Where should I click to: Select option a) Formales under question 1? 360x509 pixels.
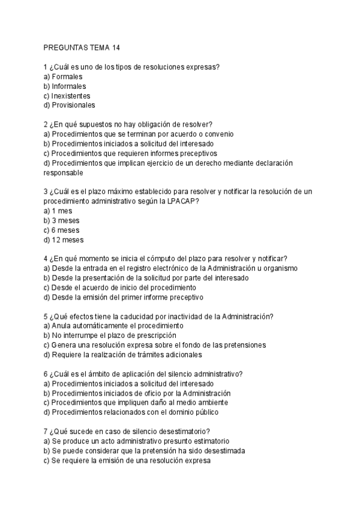tap(63, 77)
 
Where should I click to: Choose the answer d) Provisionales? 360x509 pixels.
tap(69, 105)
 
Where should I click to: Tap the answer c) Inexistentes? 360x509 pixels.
tap(67, 95)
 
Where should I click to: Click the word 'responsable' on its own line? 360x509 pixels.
tap(63, 172)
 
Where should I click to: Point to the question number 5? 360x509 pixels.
tap(46, 316)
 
